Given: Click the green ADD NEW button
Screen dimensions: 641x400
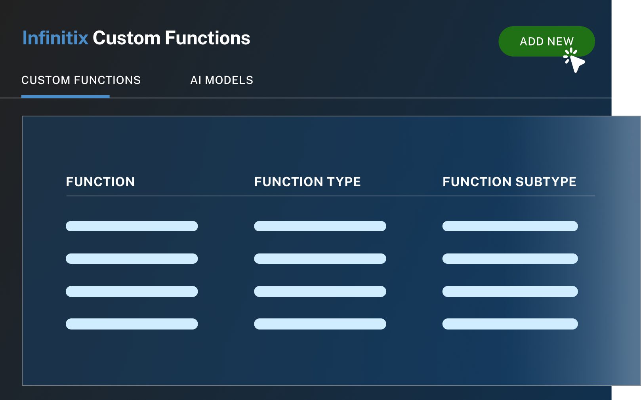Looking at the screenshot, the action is [x=547, y=41].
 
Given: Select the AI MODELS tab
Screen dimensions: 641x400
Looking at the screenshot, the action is [x=222, y=80].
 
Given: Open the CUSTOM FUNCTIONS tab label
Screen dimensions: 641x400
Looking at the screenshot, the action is [x=81, y=80].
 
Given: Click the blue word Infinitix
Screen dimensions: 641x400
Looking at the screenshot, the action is [x=55, y=38].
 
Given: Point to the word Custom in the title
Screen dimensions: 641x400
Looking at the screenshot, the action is [x=126, y=38].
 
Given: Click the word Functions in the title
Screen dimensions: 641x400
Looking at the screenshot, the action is [x=208, y=38].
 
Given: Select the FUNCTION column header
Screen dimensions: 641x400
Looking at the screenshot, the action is [x=101, y=182].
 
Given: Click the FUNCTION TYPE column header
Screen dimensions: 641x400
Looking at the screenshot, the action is [x=307, y=182].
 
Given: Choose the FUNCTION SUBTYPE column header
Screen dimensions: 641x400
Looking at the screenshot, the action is [x=509, y=182].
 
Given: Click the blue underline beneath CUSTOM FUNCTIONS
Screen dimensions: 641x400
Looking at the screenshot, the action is [x=65, y=97].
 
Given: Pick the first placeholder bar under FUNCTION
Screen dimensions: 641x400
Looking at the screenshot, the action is [x=132, y=226].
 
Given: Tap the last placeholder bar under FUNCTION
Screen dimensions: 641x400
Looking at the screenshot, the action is [x=132, y=324].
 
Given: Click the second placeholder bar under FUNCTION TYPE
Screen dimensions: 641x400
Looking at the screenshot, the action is [x=320, y=259].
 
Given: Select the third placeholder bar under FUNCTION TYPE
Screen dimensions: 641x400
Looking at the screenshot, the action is [x=320, y=291].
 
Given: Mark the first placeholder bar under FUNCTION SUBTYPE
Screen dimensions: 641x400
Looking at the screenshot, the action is [x=510, y=226].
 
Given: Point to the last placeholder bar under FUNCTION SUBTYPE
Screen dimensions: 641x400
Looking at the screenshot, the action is [x=510, y=324].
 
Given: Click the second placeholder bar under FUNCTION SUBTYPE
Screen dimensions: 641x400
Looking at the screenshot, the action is [x=510, y=259].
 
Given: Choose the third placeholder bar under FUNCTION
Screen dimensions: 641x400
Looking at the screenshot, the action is [x=132, y=291].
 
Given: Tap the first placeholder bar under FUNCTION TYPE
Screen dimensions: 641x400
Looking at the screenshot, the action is [x=320, y=226].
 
